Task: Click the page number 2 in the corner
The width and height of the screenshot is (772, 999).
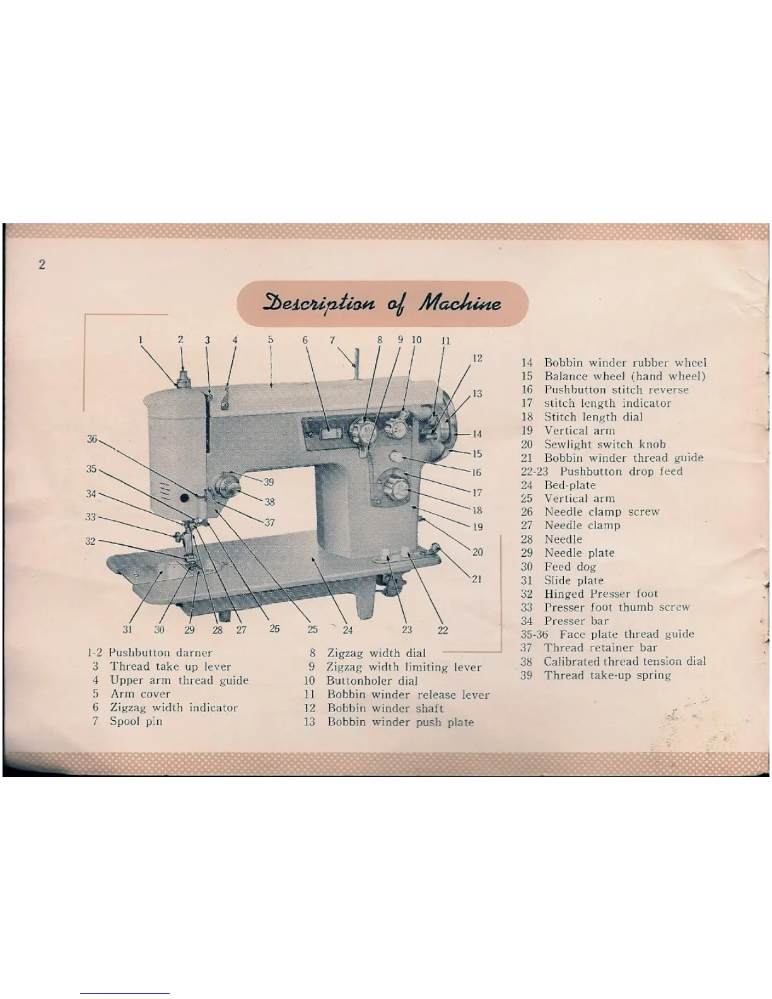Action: click(42, 265)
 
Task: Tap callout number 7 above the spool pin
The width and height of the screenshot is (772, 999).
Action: click(332, 340)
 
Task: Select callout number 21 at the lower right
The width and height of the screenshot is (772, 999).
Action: click(477, 578)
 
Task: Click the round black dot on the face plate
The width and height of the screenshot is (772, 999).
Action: click(185, 498)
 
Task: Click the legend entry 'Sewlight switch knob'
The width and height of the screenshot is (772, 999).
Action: click(604, 444)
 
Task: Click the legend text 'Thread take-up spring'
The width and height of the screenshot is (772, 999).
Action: click(607, 675)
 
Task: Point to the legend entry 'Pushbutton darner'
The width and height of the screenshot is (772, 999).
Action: click(160, 653)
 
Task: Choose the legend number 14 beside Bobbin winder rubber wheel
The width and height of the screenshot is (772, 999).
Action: click(527, 363)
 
